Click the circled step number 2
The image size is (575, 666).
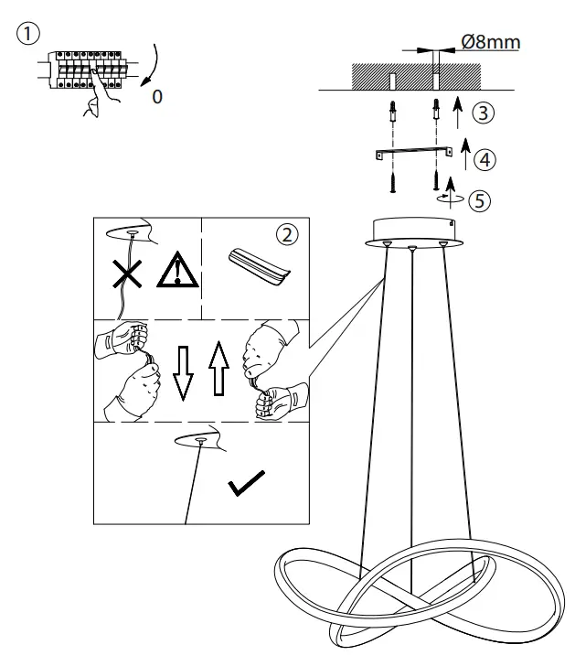287,235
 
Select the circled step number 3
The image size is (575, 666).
484,113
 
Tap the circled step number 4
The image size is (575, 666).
486,159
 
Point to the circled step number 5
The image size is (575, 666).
480,200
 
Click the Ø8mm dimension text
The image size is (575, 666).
490,41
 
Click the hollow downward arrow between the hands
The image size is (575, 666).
184,373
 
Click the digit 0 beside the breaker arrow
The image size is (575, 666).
157,96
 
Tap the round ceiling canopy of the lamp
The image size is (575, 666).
412,231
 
